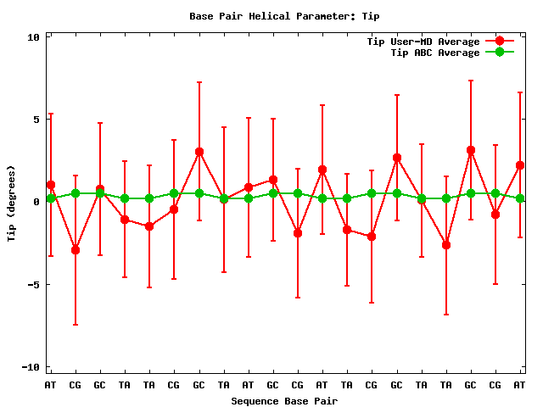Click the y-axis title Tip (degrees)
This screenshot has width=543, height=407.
tap(11, 202)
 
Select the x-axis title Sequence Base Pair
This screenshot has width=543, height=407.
tap(284, 400)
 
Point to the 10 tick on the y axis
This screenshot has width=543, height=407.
tap(33, 37)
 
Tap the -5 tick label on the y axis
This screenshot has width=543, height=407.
tap(33, 284)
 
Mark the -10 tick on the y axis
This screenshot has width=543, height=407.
tap(31, 366)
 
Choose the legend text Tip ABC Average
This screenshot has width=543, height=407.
tap(434, 53)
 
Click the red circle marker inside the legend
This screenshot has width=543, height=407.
tap(500, 41)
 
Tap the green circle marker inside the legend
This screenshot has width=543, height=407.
tap(500, 52)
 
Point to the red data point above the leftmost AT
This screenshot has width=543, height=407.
tap(51, 185)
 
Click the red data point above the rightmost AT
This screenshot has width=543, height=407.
tap(520, 165)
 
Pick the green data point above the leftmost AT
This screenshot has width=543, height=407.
tap(51, 198)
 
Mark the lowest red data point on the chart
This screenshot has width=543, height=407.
tap(76, 250)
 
